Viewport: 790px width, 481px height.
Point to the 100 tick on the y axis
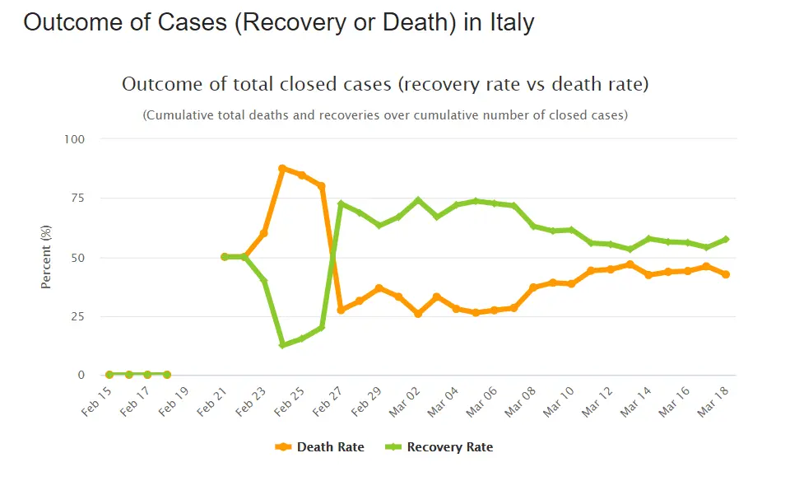[x=74, y=139]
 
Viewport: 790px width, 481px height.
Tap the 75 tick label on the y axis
[x=77, y=198]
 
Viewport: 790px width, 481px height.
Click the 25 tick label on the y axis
[x=77, y=316]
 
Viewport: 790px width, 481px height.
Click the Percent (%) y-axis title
[x=47, y=256]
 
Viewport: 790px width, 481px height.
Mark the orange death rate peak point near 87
[x=282, y=168]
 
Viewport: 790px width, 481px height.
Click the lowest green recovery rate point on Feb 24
[x=282, y=344]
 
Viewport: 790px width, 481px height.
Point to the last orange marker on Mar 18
[x=726, y=274]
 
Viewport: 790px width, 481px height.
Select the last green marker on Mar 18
[x=726, y=239]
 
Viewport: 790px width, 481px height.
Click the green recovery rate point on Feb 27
[x=341, y=203]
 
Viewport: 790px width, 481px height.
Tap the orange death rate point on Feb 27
[x=341, y=310]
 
